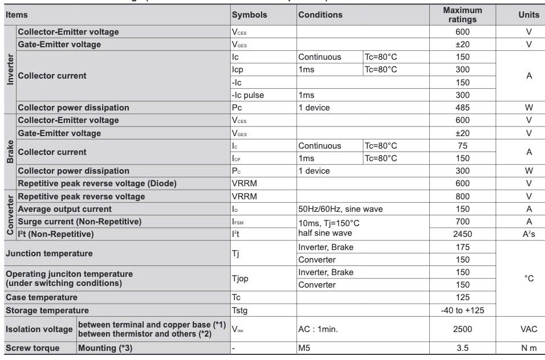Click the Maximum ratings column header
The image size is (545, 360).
(462, 15)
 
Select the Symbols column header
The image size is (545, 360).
(249, 15)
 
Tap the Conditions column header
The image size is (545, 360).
(320, 15)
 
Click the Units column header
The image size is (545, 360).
(528, 15)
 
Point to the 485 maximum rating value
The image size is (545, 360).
(462, 108)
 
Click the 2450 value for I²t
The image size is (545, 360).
(462, 234)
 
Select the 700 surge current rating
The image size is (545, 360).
(462, 222)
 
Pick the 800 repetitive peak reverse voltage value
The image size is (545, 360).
(462, 197)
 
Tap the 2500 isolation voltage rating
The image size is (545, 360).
(462, 329)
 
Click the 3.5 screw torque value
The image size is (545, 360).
(462, 348)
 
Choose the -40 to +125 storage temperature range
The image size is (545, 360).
(462, 310)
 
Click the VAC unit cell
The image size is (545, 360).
(528, 329)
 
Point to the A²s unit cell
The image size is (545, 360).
(528, 234)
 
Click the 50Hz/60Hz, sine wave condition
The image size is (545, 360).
(340, 209)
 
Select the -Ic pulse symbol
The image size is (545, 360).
(248, 95)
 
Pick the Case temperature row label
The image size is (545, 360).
(42, 297)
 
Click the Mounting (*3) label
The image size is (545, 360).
(105, 348)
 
